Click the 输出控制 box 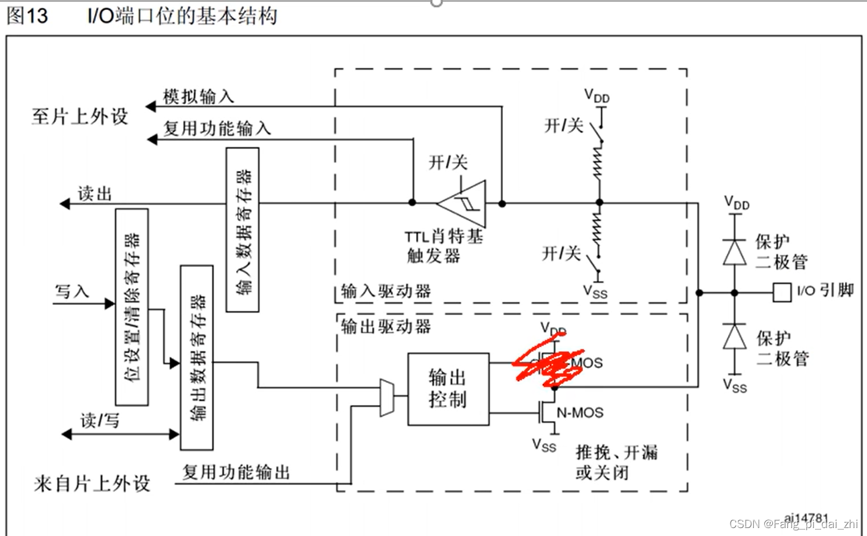click(x=448, y=389)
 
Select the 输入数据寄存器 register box click(x=242, y=229)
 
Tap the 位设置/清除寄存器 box click(x=132, y=307)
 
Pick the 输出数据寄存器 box click(x=196, y=357)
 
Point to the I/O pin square click(x=782, y=292)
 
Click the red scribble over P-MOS click(x=548, y=366)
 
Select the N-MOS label click(x=579, y=413)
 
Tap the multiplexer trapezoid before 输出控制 click(x=387, y=398)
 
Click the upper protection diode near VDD click(x=734, y=251)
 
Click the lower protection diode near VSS click(x=734, y=337)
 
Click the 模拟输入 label click(x=198, y=97)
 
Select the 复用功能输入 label click(x=217, y=128)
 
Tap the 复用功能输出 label click(x=236, y=472)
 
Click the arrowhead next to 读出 click(x=65, y=203)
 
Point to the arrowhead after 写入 click(x=110, y=303)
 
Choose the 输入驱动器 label click(x=385, y=291)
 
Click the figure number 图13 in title click(x=27, y=16)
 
